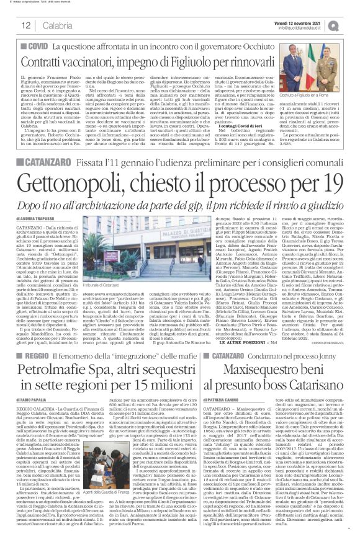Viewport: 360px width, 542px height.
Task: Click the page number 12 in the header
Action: coord(25,24)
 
